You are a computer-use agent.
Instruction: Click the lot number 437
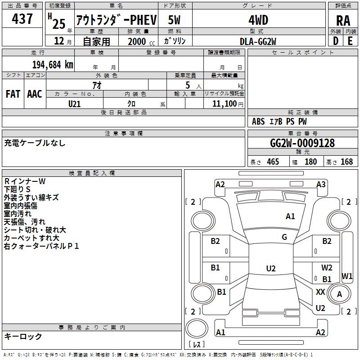pos(23,19)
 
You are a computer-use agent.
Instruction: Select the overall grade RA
pos(343,21)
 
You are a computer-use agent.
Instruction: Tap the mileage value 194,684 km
pos(53,64)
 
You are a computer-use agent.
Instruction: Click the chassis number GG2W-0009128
pos(302,143)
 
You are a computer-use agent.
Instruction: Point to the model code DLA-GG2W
pos(258,41)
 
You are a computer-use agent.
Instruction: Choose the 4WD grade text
pos(258,20)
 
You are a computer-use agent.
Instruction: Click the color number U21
pos(75,103)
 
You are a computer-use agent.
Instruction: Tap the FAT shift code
pos(13,94)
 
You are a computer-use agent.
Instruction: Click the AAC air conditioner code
pos(35,94)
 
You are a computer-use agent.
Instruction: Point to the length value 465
pos(273,162)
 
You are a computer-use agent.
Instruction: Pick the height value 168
pos(346,162)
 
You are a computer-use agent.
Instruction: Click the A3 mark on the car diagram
pos(321,184)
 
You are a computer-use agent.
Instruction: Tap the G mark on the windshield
pos(284,237)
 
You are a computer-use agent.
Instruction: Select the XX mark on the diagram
pos(320,292)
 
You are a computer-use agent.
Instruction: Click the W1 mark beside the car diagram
pos(347,275)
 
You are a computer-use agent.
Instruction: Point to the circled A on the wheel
pos(339,294)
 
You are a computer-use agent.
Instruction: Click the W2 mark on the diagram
pos(327,268)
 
